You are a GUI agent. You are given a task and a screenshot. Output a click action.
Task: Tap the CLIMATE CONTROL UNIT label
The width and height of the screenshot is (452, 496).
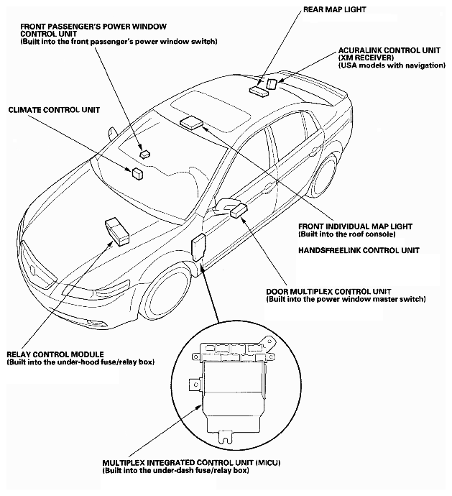pos(53,110)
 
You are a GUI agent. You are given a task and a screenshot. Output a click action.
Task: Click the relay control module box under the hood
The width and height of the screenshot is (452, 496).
pos(117,229)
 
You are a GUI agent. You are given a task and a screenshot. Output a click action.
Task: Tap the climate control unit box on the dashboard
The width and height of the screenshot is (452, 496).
pos(136,172)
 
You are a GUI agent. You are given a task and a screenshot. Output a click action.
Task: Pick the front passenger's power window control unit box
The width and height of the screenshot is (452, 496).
pos(144,153)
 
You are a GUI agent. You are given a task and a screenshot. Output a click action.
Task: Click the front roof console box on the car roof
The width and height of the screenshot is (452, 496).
pos(191,121)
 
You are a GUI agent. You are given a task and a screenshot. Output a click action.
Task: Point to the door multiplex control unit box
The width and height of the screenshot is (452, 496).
pos(238,209)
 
